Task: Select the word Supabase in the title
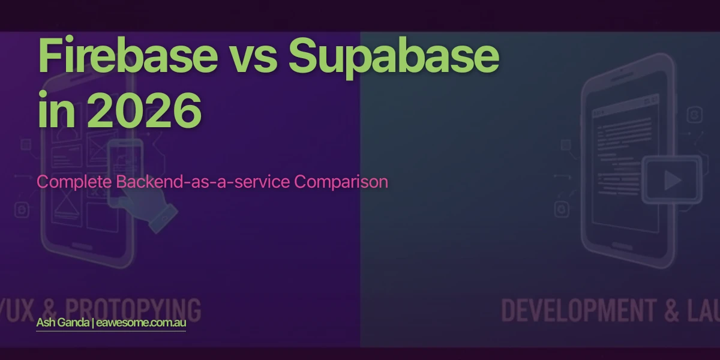click(x=394, y=56)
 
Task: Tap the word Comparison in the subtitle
click(x=341, y=182)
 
